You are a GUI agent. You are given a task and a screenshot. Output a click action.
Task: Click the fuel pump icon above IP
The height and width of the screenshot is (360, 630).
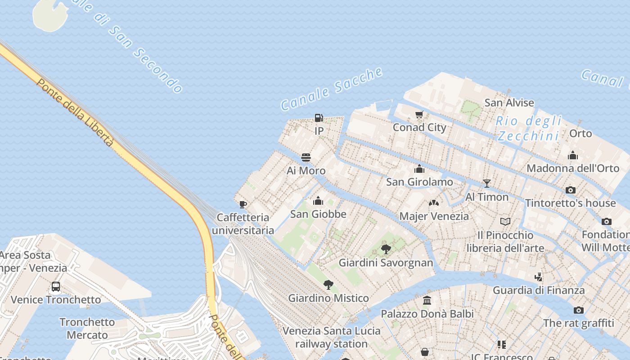(x=319, y=118)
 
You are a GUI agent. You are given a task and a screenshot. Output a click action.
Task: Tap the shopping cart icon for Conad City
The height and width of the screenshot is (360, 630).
(x=419, y=115)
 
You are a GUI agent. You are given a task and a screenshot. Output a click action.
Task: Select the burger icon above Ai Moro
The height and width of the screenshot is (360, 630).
(x=306, y=157)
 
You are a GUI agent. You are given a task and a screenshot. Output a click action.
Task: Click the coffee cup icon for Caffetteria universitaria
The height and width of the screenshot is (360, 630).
(x=243, y=205)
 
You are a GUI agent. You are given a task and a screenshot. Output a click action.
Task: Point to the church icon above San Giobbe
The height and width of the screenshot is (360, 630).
(x=318, y=201)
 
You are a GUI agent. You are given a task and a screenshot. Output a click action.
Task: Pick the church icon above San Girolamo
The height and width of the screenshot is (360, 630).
(x=419, y=169)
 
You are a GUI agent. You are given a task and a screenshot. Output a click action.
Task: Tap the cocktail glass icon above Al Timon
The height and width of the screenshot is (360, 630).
(x=486, y=184)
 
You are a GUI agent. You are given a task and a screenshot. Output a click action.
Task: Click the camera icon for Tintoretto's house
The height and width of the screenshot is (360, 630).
(x=571, y=190)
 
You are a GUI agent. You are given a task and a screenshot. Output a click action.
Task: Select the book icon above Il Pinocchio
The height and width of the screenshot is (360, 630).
(x=505, y=222)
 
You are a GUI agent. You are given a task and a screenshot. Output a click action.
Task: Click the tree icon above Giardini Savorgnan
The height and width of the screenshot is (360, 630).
(x=386, y=249)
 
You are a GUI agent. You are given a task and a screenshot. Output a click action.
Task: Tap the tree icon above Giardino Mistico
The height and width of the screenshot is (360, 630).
(x=328, y=284)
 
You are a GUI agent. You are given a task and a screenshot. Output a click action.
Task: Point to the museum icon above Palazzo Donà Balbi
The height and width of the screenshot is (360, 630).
(x=427, y=300)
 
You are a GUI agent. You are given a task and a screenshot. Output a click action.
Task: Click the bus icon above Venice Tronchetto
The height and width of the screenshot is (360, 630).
(x=56, y=286)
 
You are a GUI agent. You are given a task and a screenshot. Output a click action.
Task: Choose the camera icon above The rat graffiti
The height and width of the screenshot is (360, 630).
(x=579, y=310)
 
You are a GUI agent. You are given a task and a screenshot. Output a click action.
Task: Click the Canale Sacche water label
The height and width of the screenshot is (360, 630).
(x=332, y=89)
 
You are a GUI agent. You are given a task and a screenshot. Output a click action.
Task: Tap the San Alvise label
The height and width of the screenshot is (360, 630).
(x=509, y=103)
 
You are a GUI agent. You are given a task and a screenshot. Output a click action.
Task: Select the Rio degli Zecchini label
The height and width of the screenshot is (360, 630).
(x=529, y=128)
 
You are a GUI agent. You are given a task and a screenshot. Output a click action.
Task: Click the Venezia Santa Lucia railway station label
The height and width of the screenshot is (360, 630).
(x=332, y=337)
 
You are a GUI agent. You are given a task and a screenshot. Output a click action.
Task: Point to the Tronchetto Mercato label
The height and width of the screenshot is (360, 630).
(x=87, y=328)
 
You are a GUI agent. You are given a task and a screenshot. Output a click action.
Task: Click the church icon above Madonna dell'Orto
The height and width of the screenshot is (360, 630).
(x=573, y=156)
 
